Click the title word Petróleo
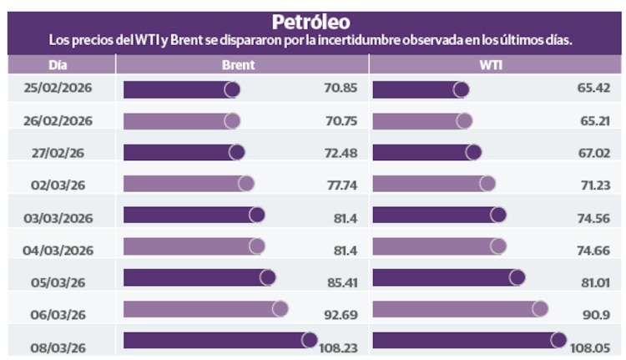pyautogui.click(x=310, y=21)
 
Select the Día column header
pyautogui.click(x=58, y=64)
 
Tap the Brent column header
pyautogui.click(x=239, y=64)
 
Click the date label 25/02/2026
pyautogui.click(x=58, y=89)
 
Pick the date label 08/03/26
pyautogui.click(x=58, y=342)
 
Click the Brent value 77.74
pyautogui.click(x=341, y=185)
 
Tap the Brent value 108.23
pyautogui.click(x=338, y=346)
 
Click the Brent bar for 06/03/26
pyautogui.click(x=204, y=309)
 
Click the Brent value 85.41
pyautogui.click(x=341, y=281)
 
